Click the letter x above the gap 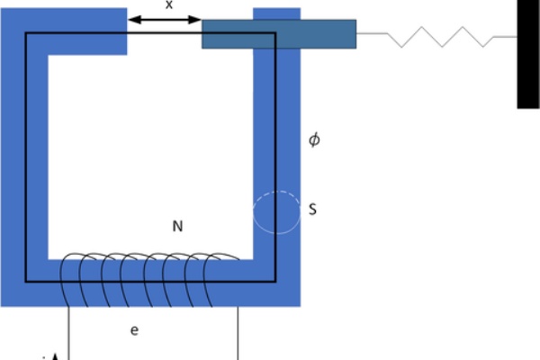tap(168, 4)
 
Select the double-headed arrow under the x tap(164, 18)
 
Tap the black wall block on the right tap(528, 54)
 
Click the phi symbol tap(314, 140)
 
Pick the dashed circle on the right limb tap(274, 213)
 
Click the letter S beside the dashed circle tap(312, 210)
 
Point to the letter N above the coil tap(177, 226)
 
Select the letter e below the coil tap(134, 331)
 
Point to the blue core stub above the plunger tap(276, 13)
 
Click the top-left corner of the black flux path tap(27, 34)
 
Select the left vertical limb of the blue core tap(16, 162)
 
